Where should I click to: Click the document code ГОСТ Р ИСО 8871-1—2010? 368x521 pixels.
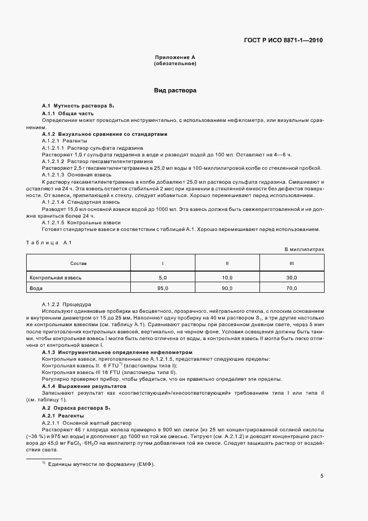pyautogui.click(x=283, y=40)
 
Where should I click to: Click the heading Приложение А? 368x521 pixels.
pyautogui.click(x=175, y=58)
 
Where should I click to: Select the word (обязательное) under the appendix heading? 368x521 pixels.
pyautogui.click(x=175, y=64)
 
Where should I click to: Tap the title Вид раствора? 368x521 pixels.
pyautogui.click(x=175, y=90)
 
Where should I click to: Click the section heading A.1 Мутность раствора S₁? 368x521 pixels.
pyautogui.click(x=78, y=106)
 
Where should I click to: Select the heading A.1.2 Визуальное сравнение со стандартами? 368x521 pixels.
pyautogui.click(x=105, y=134)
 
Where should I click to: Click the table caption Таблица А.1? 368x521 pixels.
pyautogui.click(x=50, y=243)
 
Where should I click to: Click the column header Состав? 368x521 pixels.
pyautogui.click(x=78, y=263)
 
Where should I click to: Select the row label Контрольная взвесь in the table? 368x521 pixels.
pyautogui.click(x=56, y=277)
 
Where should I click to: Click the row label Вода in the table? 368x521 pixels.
pyautogui.click(x=36, y=288)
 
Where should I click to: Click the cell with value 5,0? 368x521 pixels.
pyautogui.click(x=163, y=277)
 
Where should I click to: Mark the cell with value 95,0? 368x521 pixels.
pyautogui.click(x=163, y=288)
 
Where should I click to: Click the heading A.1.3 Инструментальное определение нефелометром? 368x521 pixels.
pyautogui.click(x=117, y=352)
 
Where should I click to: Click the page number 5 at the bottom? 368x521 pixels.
pyautogui.click(x=322, y=476)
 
